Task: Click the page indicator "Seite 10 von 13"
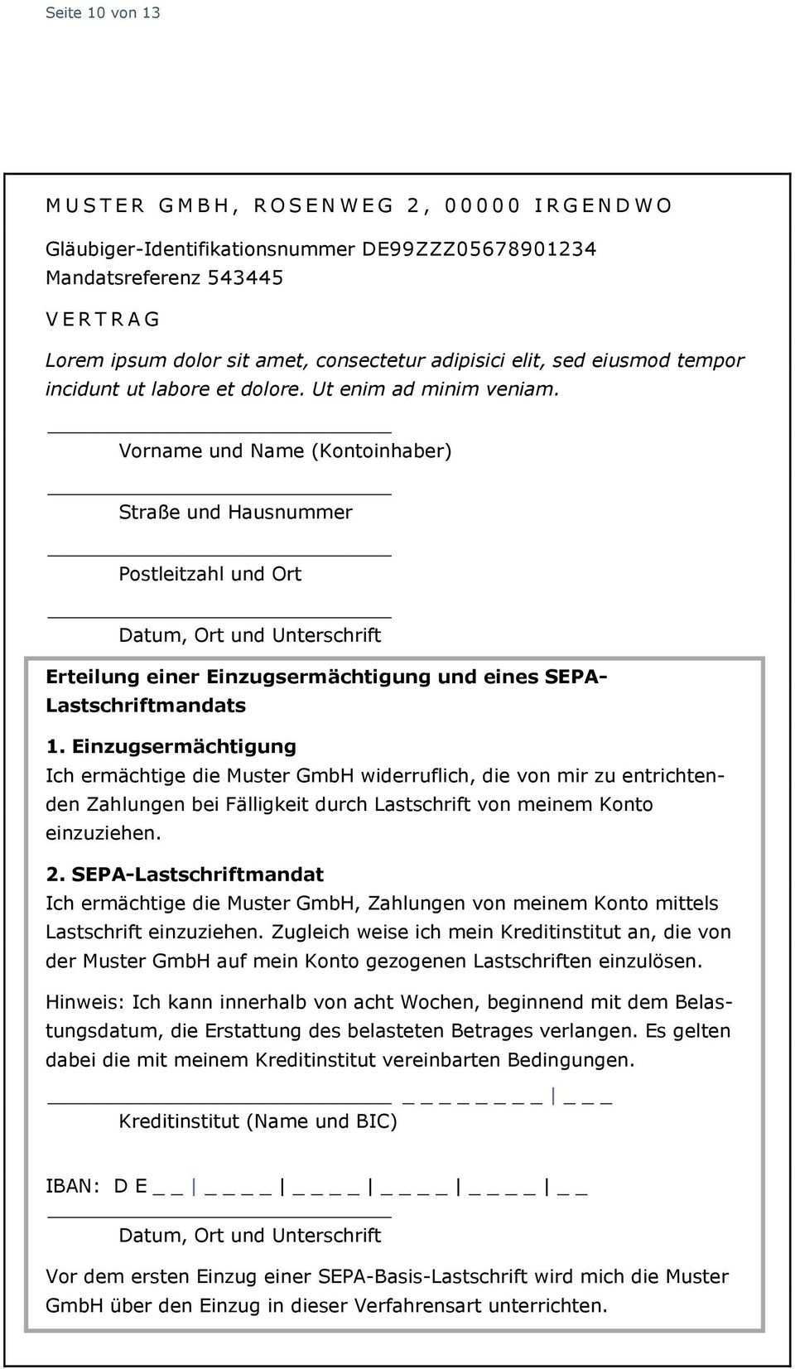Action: [x=103, y=12]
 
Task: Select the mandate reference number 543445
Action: [x=245, y=277]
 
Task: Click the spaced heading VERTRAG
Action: [x=103, y=319]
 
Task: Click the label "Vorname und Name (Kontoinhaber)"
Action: [x=285, y=451]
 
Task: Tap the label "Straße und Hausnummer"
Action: [x=235, y=512]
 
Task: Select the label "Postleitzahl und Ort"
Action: [x=210, y=573]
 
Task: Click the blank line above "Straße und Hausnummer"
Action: [x=219, y=494]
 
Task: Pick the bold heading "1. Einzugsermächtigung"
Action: [x=171, y=746]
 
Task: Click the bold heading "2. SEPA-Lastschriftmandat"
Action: [x=185, y=874]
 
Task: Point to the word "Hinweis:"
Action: [x=85, y=1002]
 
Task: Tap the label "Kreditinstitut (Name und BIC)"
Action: [x=258, y=1121]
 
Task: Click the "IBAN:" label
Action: [x=73, y=1186]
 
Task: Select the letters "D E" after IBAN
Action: [x=131, y=1186]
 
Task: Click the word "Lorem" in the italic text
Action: [x=75, y=360]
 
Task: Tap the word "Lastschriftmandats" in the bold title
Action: [x=146, y=705]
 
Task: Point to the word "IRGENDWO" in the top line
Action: [x=603, y=205]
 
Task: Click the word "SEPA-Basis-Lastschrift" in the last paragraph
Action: [x=425, y=1276]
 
